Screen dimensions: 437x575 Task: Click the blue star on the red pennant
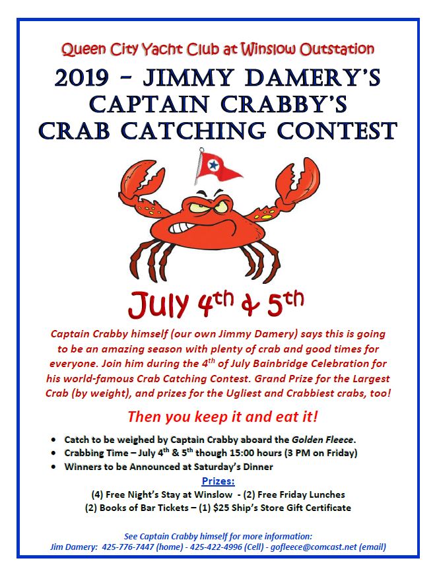point(212,166)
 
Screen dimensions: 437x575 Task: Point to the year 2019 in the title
point(81,78)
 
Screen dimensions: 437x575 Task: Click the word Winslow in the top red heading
point(268,49)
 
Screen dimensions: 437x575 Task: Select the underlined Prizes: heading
point(218,481)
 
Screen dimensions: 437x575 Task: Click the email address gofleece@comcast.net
point(314,547)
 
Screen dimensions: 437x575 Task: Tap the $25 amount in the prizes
point(221,508)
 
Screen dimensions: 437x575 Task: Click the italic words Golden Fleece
point(322,439)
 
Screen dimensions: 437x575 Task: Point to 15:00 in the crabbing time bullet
point(242,453)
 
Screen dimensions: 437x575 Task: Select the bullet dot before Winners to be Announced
point(54,467)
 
